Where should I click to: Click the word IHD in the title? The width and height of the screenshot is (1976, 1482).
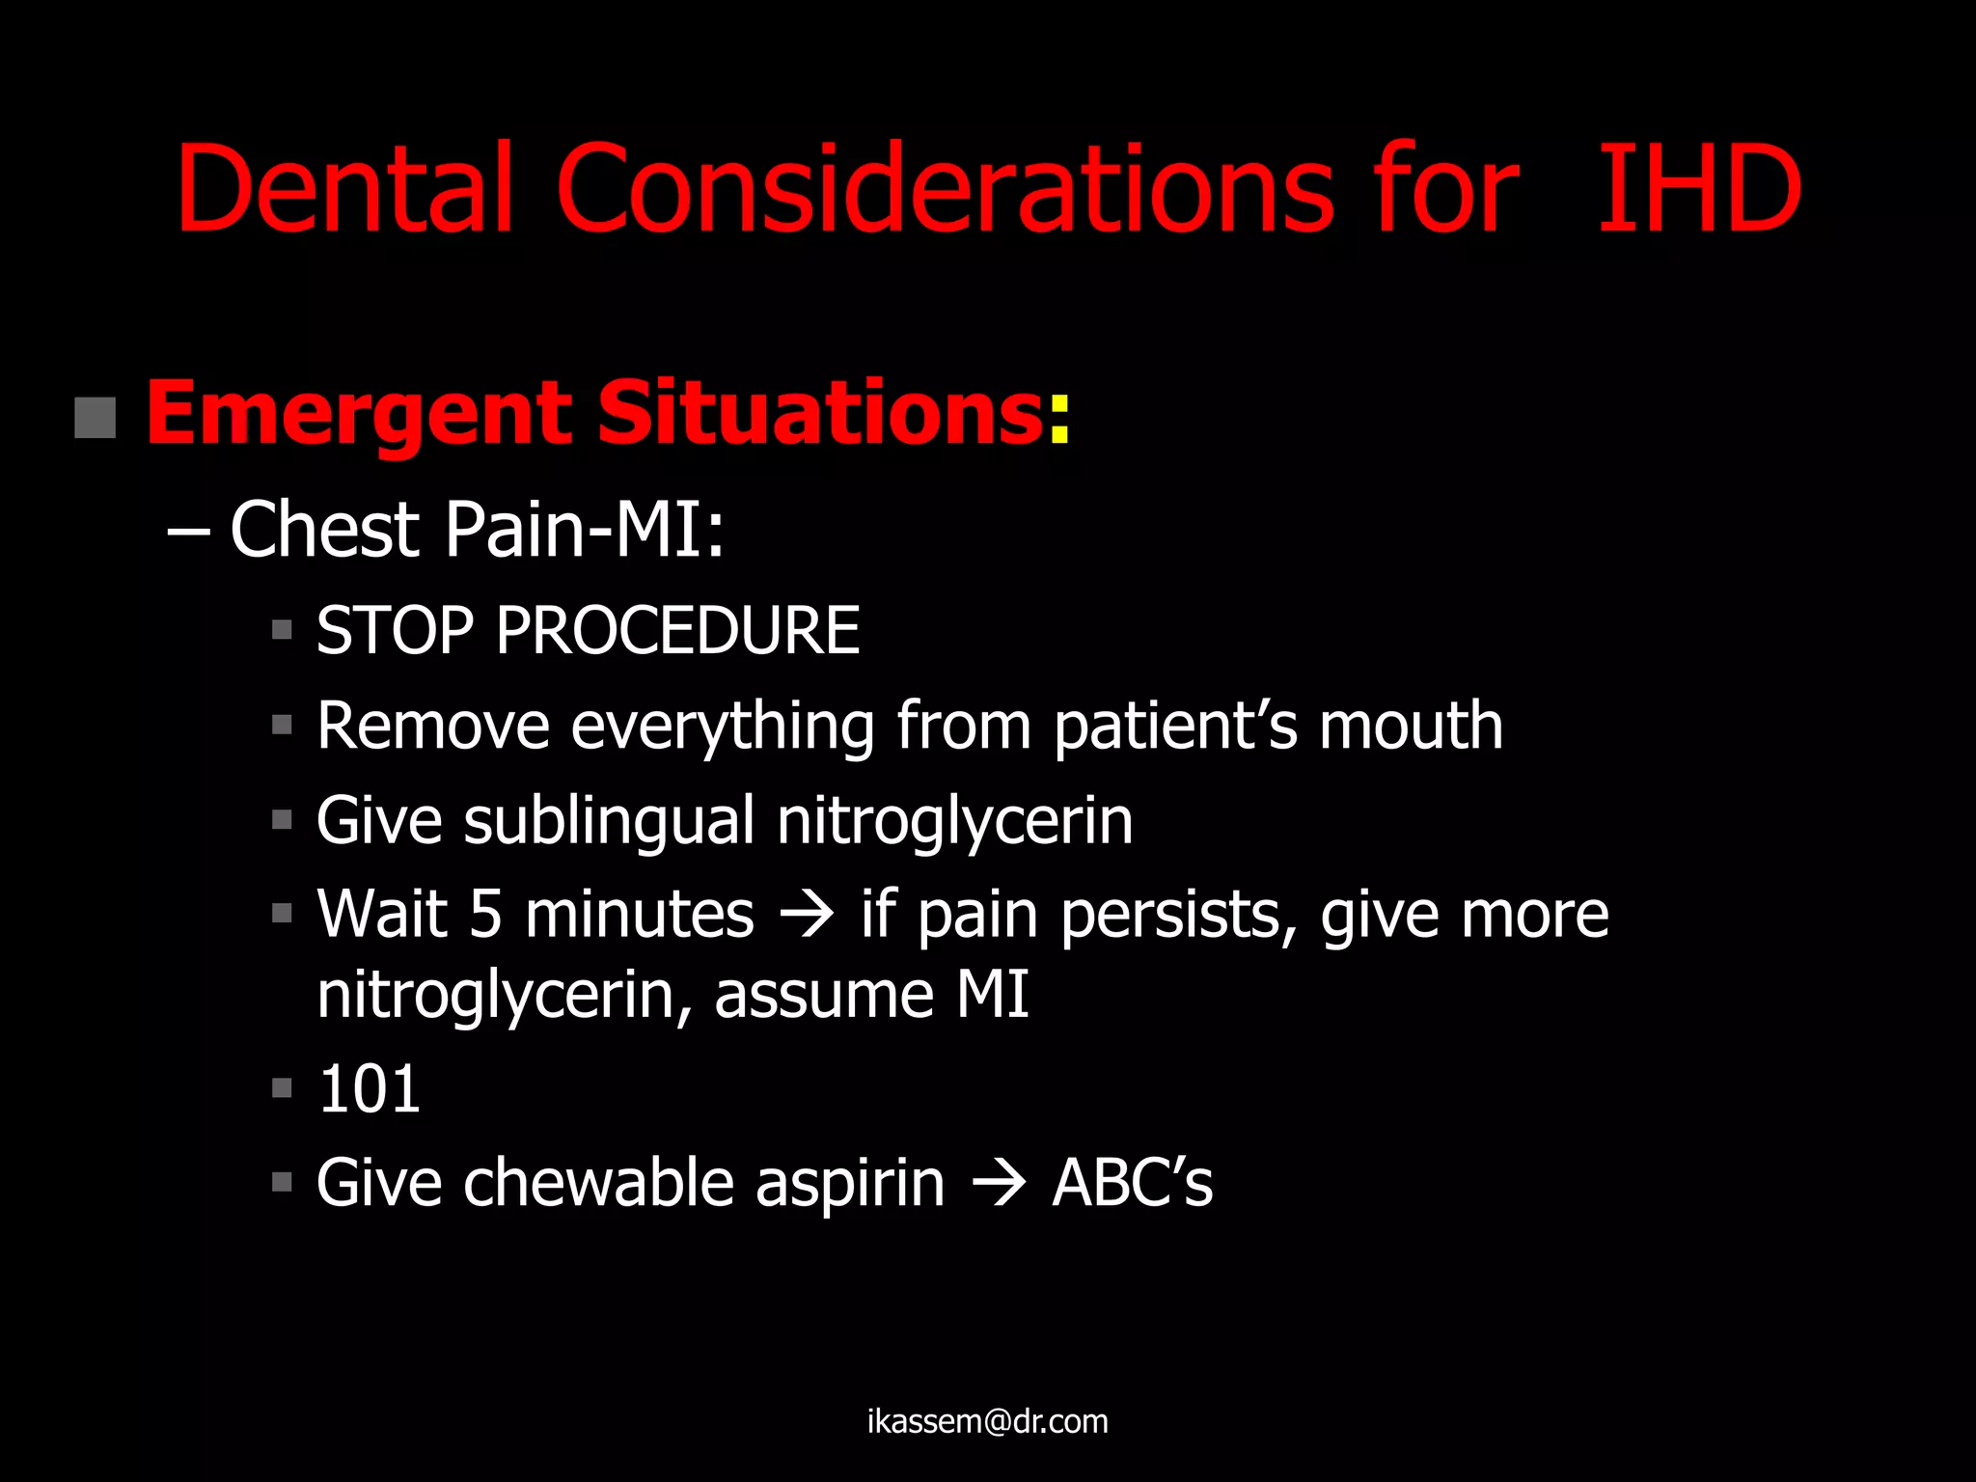tap(1698, 189)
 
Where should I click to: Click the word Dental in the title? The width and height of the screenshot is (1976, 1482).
tap(343, 189)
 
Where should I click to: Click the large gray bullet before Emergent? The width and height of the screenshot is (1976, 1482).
tap(95, 418)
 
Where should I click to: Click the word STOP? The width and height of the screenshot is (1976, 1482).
tap(395, 631)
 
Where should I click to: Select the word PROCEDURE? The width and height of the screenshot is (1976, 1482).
tap(677, 631)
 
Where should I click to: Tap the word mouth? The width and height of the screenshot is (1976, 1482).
tap(1411, 726)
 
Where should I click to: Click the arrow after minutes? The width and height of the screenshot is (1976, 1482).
tap(807, 915)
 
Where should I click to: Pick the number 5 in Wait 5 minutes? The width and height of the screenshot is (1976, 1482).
tap(485, 915)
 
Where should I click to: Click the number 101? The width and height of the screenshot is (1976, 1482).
tap(369, 1089)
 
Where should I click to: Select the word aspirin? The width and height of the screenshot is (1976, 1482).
tap(849, 1184)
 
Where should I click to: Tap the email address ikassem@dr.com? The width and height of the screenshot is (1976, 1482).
tap(987, 1421)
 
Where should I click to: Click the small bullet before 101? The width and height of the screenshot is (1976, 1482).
tap(282, 1089)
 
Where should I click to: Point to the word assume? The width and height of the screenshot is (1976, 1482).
tap(823, 995)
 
